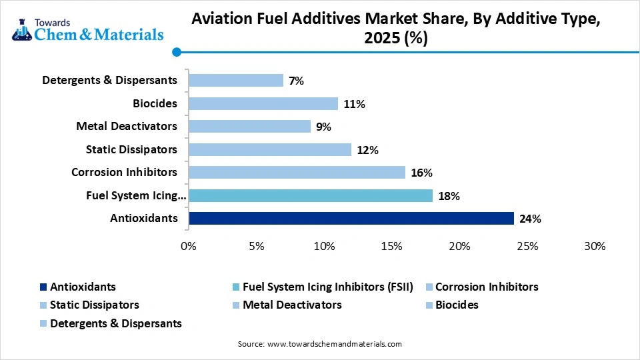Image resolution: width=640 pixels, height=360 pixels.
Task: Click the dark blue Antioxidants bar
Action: click(x=351, y=219)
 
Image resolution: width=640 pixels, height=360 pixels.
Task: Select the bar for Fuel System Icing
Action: click(x=310, y=195)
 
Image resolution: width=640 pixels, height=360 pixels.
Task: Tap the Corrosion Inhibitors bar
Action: click(x=297, y=173)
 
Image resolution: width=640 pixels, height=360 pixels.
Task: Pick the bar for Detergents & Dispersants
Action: click(x=236, y=81)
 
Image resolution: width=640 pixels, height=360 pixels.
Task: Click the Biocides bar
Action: click(x=263, y=103)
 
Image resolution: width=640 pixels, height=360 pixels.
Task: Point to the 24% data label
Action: click(x=531, y=219)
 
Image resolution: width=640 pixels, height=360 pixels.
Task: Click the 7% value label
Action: click(x=296, y=81)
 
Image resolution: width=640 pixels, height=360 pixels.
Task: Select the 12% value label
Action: click(x=367, y=150)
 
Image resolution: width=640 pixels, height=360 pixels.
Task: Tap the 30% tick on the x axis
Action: click(x=594, y=246)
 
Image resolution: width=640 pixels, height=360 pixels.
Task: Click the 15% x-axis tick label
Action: click(x=391, y=246)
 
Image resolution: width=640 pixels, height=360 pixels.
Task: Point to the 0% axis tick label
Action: click(x=189, y=246)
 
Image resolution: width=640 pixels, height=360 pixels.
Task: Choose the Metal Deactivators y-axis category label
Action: click(x=127, y=126)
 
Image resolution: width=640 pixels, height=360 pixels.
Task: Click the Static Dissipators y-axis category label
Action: click(x=131, y=149)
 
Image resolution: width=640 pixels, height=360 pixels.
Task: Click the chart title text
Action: click(x=396, y=29)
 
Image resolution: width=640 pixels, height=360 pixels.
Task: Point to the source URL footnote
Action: click(x=320, y=344)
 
